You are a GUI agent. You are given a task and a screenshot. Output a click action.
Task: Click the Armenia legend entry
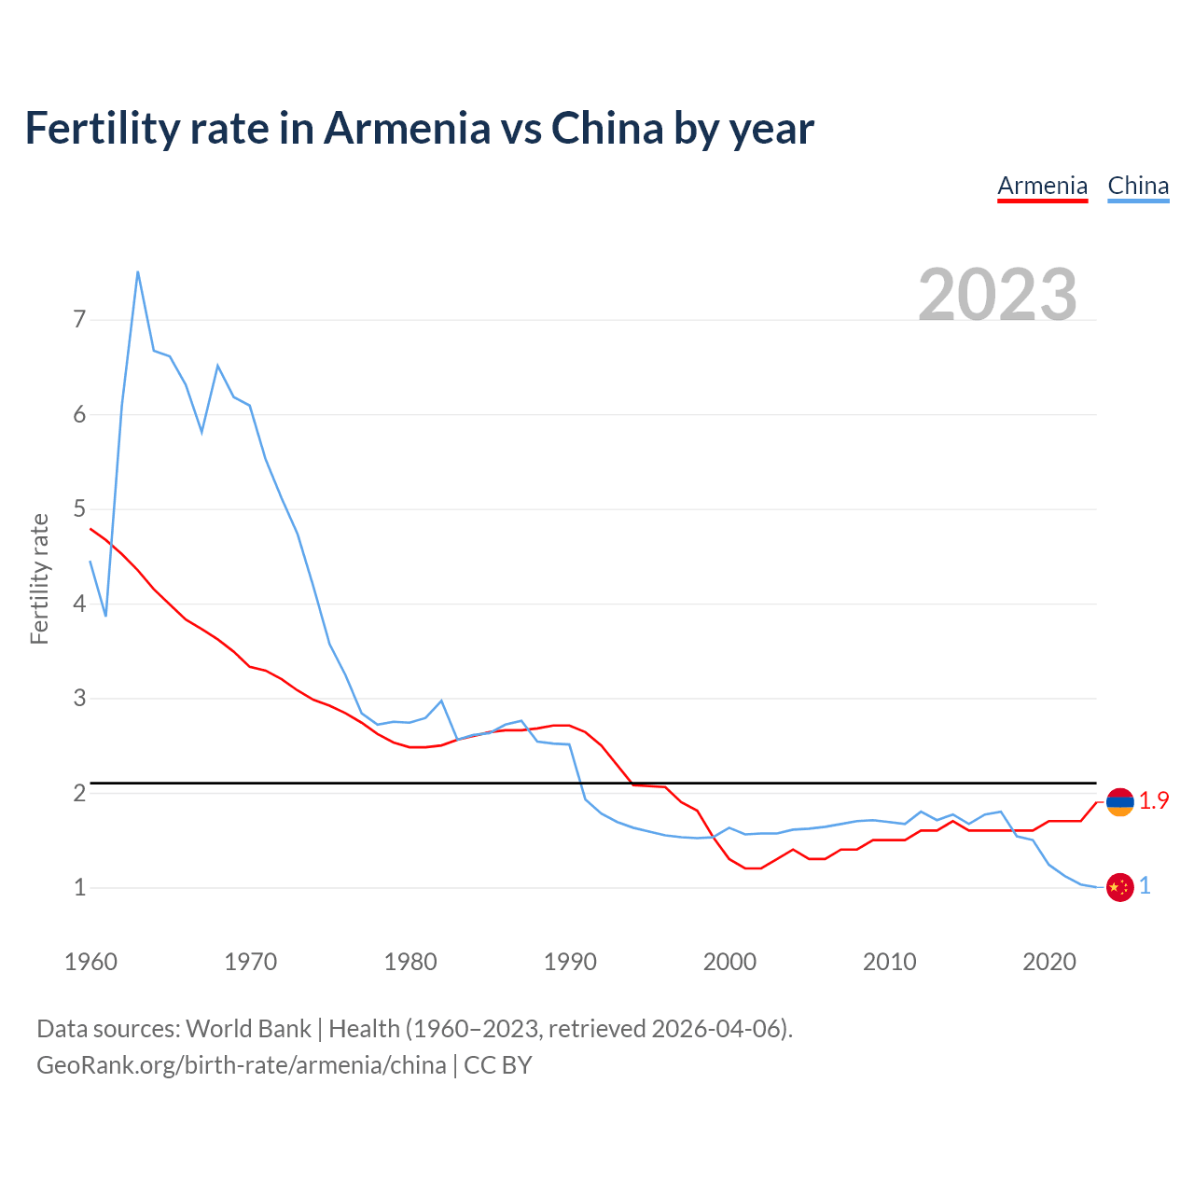point(1042,186)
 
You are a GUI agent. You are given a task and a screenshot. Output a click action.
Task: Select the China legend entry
point(1138,186)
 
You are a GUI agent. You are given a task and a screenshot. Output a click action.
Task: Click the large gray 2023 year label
point(997,295)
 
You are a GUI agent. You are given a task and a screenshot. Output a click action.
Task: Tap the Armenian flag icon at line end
point(1119,801)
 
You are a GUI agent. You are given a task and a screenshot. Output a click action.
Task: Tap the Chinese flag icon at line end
point(1119,887)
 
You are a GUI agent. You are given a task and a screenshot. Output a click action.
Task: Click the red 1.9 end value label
point(1154,801)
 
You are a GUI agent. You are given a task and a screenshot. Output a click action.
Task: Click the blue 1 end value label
point(1145,886)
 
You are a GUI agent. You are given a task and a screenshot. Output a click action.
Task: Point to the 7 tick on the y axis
point(79,320)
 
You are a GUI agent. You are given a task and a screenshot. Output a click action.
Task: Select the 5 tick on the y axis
point(79,509)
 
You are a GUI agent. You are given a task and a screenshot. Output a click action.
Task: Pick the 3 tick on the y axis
point(79,699)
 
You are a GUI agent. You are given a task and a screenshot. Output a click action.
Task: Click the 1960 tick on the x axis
point(90,962)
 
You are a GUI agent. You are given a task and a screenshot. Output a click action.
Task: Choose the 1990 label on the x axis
point(570,962)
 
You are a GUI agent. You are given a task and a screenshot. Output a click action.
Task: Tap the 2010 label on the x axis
point(889,962)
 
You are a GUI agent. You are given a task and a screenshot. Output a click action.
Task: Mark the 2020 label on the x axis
point(1049,962)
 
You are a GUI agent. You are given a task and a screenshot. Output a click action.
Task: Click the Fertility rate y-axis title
point(39,578)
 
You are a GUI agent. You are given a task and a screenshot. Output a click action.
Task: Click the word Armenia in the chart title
point(407,129)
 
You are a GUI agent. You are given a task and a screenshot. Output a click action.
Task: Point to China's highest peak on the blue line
point(138,271)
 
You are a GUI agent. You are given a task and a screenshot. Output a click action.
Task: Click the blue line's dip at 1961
point(106,616)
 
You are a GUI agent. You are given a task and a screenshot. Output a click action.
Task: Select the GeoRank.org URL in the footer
point(241,1065)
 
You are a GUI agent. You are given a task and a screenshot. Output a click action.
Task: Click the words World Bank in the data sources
point(248,1029)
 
